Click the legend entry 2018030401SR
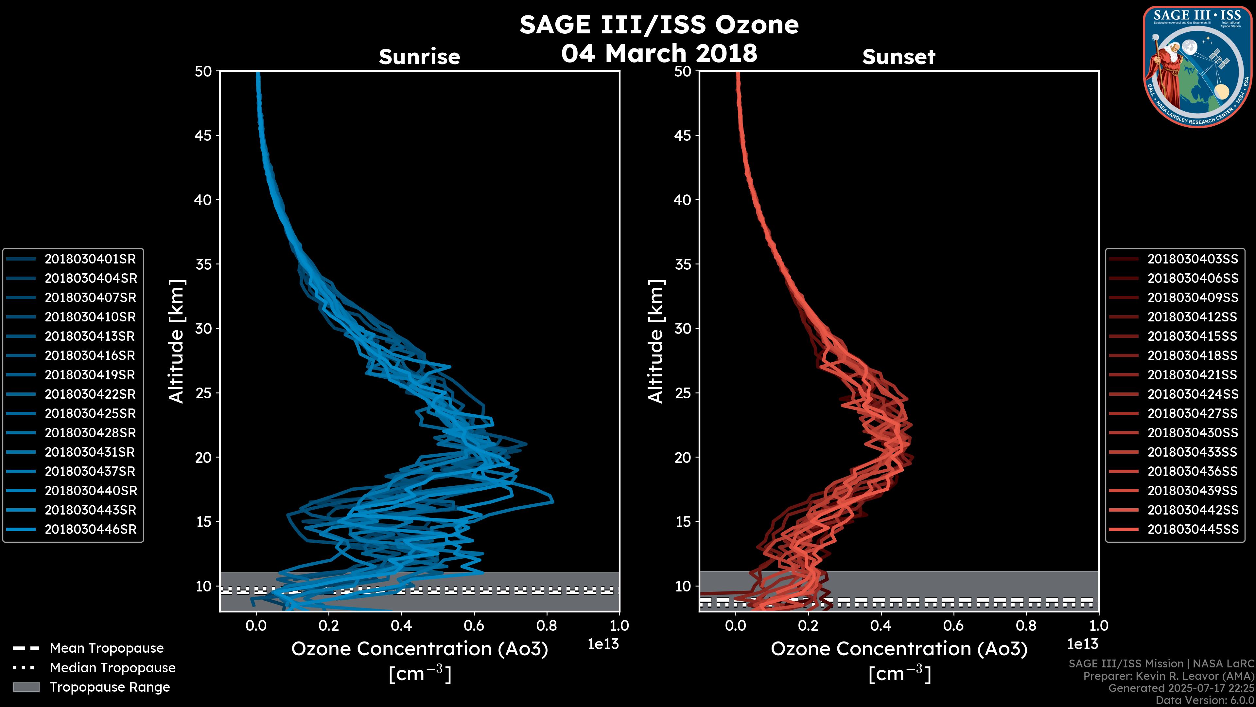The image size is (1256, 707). point(90,259)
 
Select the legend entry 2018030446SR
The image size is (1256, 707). point(90,529)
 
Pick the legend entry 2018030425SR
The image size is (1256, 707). point(90,414)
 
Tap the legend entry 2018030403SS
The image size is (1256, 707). point(1193,259)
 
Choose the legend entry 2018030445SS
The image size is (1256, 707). point(1193,529)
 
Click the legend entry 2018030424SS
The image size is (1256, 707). point(1193,394)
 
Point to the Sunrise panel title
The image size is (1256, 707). point(419,57)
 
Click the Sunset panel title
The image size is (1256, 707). point(898,57)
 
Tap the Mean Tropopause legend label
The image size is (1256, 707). point(107,648)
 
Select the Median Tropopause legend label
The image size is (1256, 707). point(113,668)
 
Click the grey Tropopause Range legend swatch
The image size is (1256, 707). point(26,687)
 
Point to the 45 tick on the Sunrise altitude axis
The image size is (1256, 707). point(203,136)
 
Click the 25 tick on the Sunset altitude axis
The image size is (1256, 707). point(683,393)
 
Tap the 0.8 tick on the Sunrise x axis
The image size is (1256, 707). point(547,625)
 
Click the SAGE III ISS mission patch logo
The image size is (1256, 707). point(1197,67)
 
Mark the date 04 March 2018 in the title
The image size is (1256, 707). point(659,53)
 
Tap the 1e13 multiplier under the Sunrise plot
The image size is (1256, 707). point(603,644)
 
